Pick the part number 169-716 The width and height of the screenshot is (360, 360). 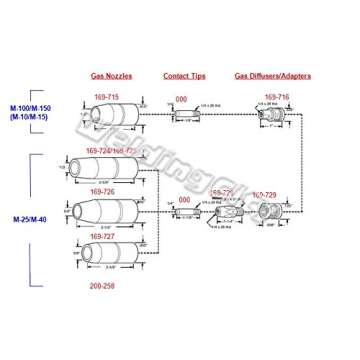pos(277,98)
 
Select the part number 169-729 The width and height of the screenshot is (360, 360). pos(264,193)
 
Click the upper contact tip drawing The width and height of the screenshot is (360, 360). pos(186,116)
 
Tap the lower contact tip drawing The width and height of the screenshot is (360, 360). pos(186,212)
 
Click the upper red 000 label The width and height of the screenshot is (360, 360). pos(181,99)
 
